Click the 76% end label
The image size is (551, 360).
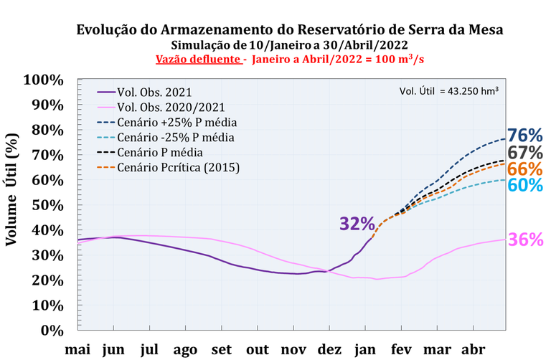(525, 136)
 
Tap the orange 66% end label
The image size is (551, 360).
(525, 169)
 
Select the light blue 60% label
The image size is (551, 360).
(525, 185)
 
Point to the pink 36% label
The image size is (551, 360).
(525, 240)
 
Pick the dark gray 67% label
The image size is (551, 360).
(525, 153)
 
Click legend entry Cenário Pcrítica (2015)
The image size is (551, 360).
(182, 167)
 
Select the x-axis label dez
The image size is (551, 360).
(329, 349)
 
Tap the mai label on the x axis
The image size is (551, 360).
(78, 349)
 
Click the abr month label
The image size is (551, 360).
(472, 349)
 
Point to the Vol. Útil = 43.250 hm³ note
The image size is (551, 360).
(448, 91)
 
